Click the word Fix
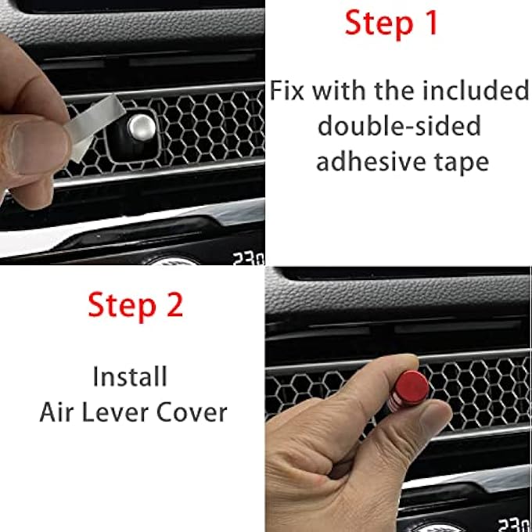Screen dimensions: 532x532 pyautogui.click(x=289, y=91)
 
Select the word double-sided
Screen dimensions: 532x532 pyautogui.click(x=399, y=127)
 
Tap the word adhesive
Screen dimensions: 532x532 pyautogui.click(x=370, y=162)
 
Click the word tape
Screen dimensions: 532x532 pyautogui.click(x=462, y=162)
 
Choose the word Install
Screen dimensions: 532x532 pyautogui.click(x=130, y=377)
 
